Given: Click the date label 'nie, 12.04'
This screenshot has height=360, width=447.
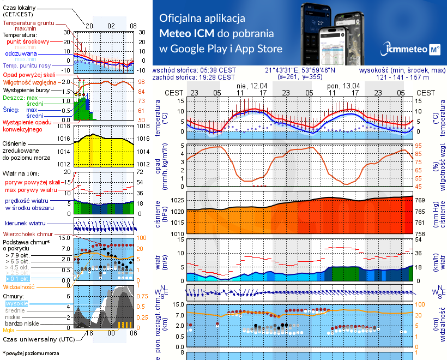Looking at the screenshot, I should point(251,86).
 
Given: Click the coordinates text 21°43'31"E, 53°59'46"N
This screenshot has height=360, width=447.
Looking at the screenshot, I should point(300,70).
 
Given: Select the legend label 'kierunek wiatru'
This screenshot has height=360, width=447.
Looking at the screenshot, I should point(29,223).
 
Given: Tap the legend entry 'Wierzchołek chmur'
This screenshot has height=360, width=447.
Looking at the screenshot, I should point(27,233).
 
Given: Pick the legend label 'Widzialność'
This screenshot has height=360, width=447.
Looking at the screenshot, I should point(19,286).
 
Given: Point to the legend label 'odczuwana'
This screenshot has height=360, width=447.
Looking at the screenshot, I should point(21,53).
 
